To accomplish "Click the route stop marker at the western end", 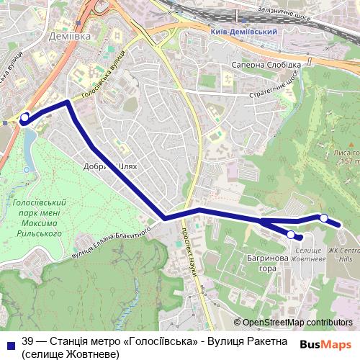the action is coord(24,117).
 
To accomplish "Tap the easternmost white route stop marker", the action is coord(324,217).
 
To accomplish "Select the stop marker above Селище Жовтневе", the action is coord(291,234).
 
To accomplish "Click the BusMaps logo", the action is coord(325,344).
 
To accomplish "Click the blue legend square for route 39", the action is coord(9,345).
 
